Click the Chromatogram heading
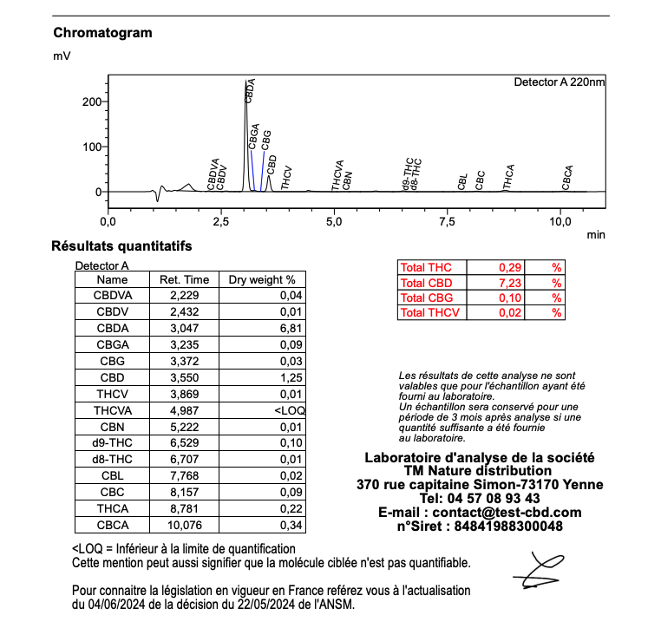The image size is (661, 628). [102, 33]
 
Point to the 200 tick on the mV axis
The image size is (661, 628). [90, 101]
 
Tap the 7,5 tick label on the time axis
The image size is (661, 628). [447, 222]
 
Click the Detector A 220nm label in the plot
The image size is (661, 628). [560, 82]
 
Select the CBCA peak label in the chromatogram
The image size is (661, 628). [566, 177]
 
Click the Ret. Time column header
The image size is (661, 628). [180, 280]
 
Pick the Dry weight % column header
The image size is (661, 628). [261, 280]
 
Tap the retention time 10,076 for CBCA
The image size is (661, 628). [180, 525]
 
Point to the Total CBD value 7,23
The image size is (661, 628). [508, 283]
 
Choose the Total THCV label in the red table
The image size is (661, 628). [430, 312]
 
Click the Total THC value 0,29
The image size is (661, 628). [508, 268]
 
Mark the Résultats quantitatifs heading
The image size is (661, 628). [121, 247]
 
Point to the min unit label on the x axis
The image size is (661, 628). [595, 234]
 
